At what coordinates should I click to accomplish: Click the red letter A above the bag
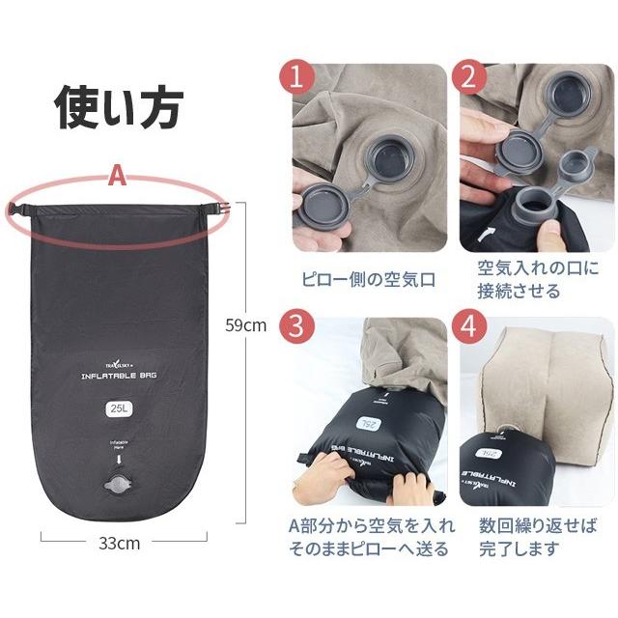point(118,178)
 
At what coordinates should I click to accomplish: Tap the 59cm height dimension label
point(245,325)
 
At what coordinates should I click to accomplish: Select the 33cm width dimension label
point(119,543)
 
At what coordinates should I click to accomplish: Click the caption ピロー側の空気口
point(367,279)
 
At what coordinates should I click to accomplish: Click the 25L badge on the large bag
point(120,407)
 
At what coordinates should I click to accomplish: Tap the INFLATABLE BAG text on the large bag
point(120,377)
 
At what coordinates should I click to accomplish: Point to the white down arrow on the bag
point(120,461)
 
